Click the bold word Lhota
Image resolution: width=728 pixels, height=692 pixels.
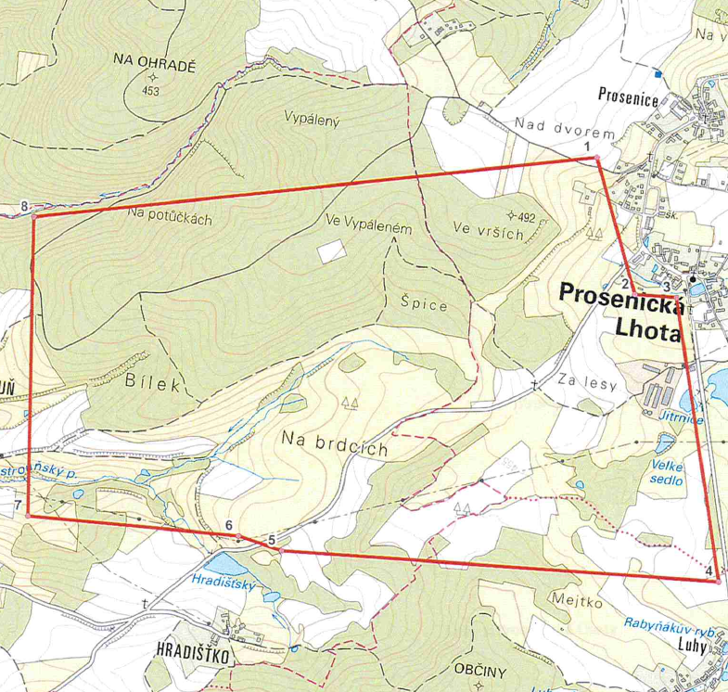point(647,330)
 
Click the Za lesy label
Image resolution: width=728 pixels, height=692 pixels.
point(588,379)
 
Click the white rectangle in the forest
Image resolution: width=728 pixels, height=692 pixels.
point(329,250)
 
